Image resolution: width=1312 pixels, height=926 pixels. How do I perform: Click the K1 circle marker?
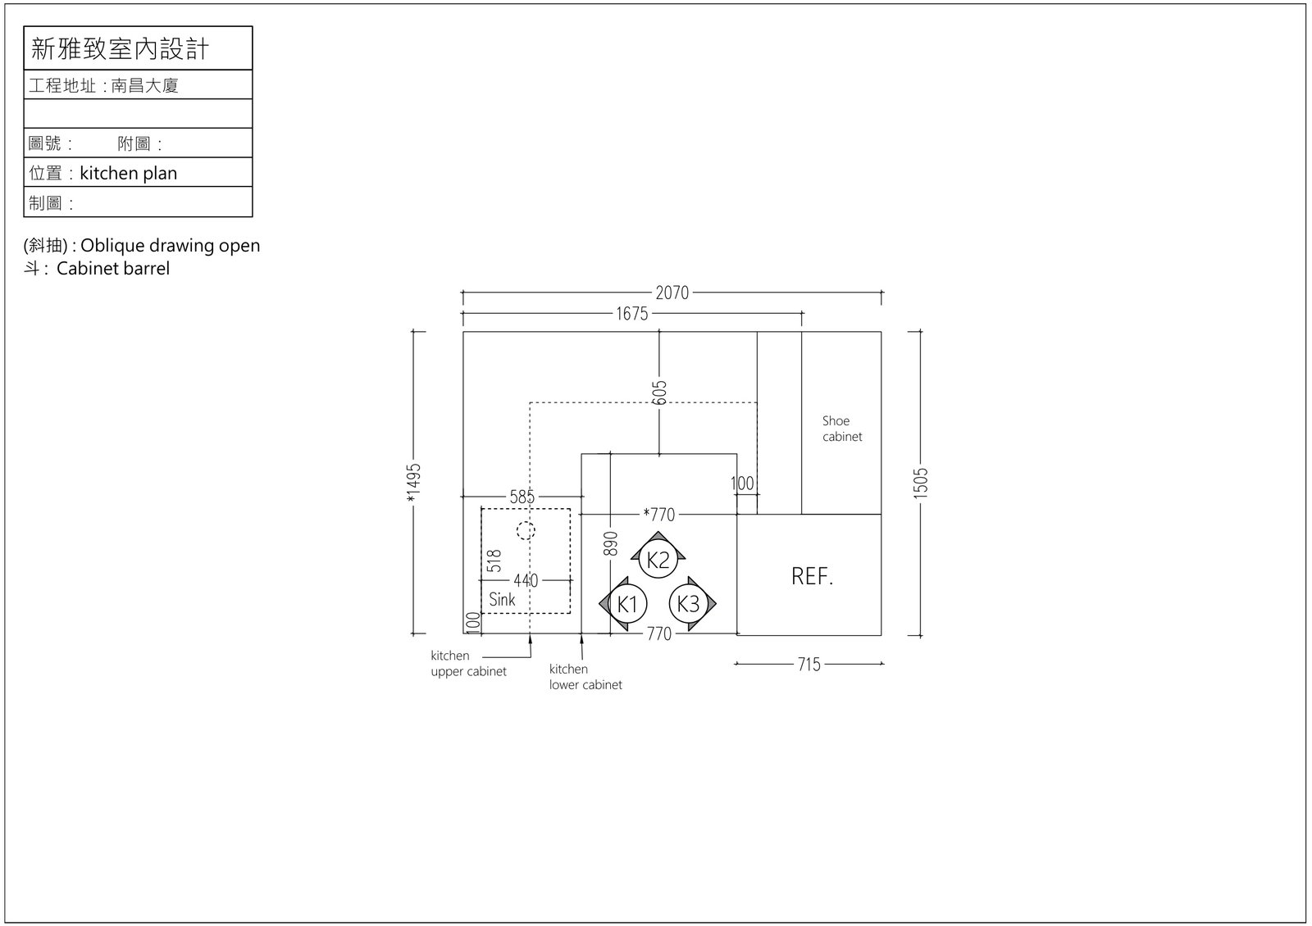(627, 603)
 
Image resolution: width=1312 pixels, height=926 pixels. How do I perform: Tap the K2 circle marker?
(658, 560)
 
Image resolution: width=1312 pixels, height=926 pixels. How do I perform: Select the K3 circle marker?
(688, 603)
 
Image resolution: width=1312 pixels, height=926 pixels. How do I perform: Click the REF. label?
(812, 577)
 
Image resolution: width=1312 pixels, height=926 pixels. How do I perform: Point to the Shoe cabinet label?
(841, 429)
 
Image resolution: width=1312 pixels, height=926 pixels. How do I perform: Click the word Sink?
(502, 599)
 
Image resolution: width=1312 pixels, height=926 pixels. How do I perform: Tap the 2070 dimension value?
(672, 293)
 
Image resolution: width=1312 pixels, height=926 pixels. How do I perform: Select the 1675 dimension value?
(632, 314)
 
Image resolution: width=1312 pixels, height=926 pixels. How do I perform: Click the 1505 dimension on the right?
(920, 483)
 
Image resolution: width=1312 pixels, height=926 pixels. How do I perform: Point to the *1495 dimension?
(413, 483)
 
